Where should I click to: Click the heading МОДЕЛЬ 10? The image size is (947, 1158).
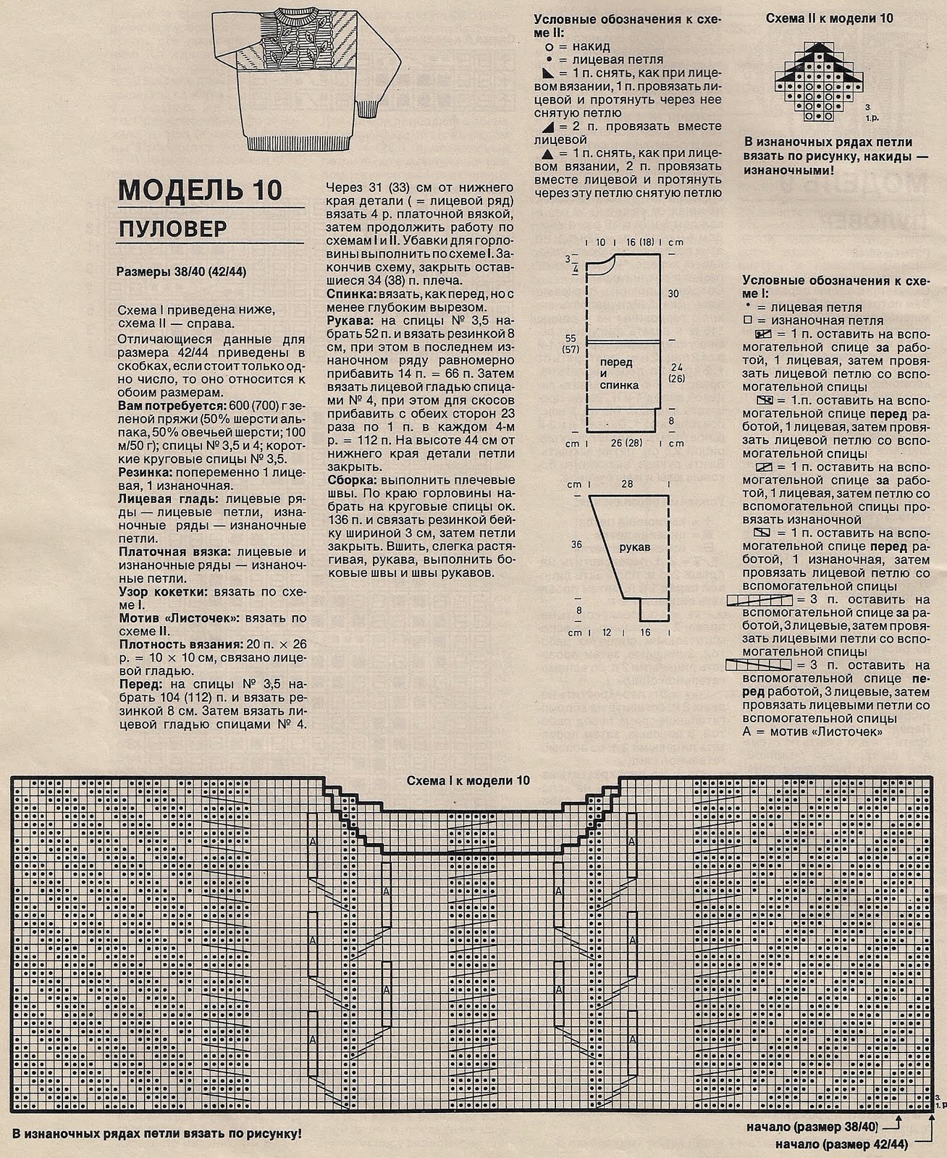(x=201, y=190)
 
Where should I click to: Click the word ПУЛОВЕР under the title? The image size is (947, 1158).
(x=173, y=229)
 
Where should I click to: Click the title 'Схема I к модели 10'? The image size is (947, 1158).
(x=468, y=780)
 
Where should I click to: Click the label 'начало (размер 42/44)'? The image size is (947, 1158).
(x=833, y=1145)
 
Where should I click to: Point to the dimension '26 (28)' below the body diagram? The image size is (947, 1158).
(x=626, y=443)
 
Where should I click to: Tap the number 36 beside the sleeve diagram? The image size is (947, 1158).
(x=576, y=544)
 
